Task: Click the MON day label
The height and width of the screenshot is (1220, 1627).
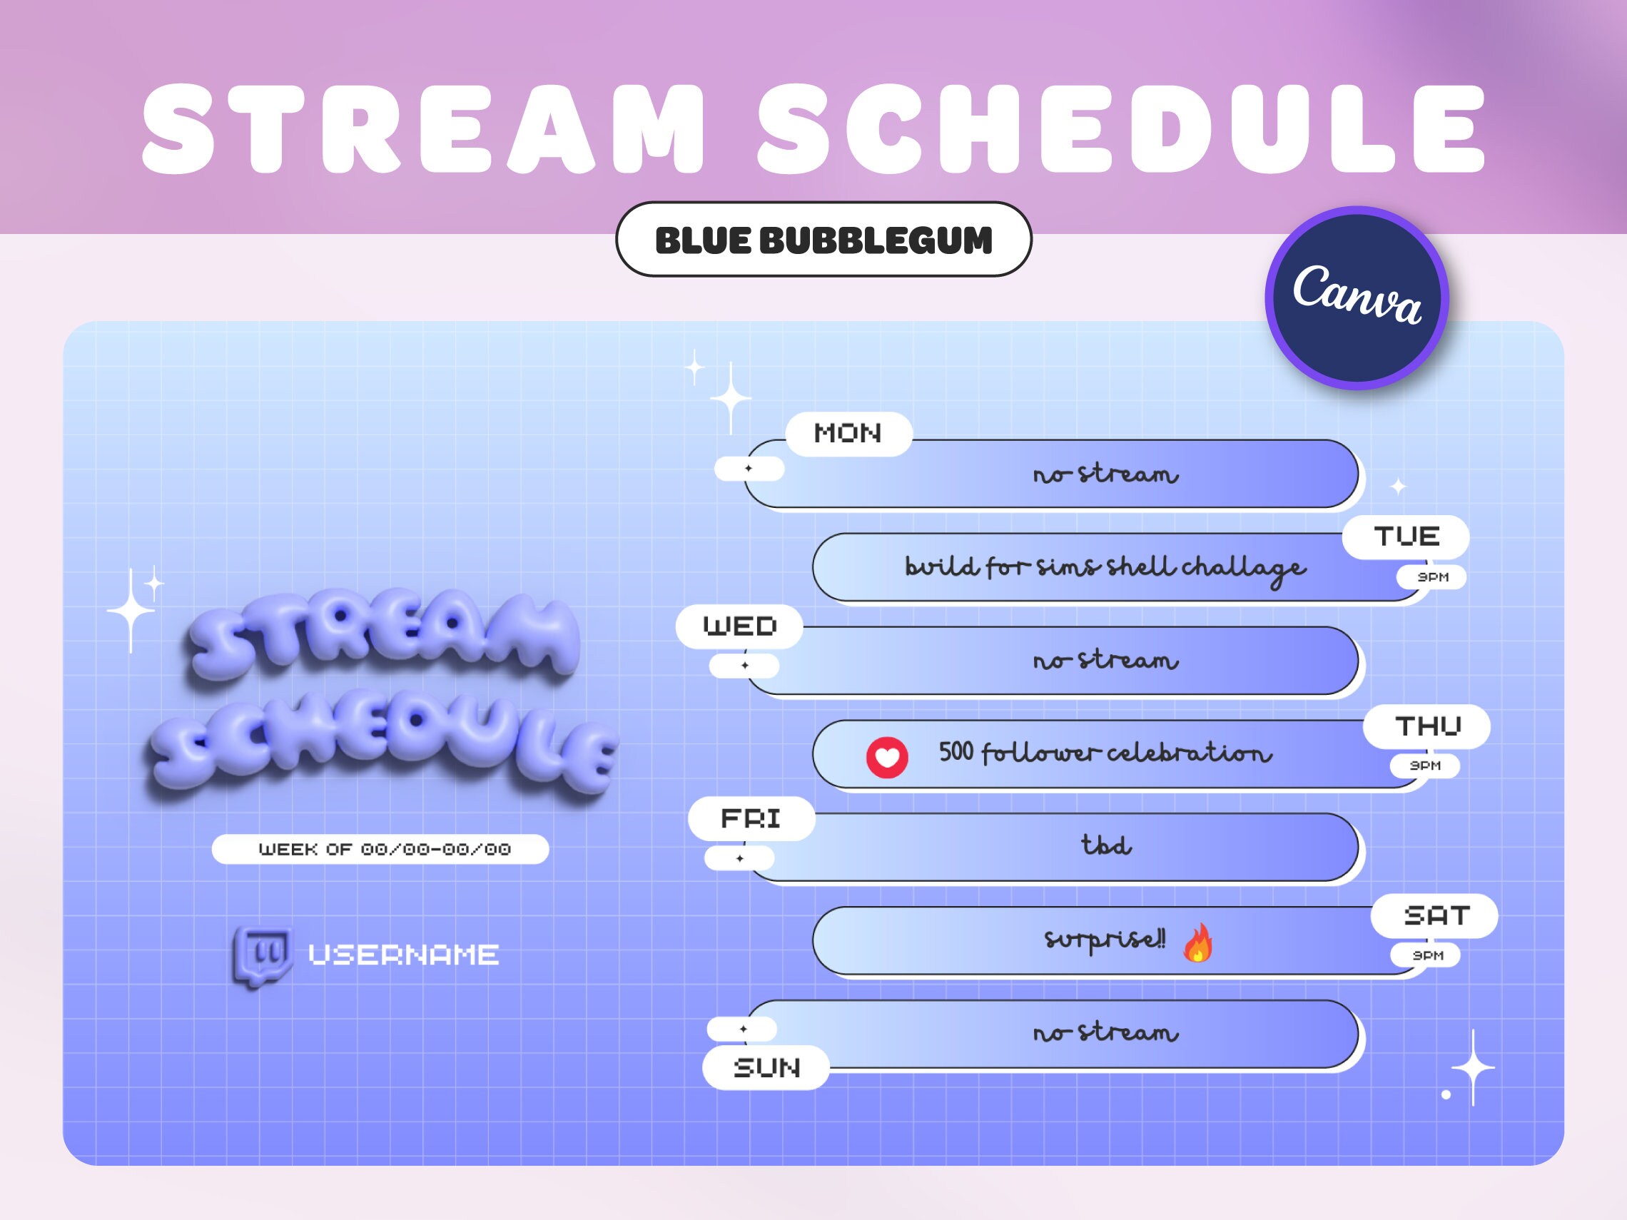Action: tap(848, 434)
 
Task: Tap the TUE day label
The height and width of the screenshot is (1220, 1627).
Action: tap(1406, 537)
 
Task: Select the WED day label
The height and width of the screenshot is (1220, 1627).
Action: tap(739, 626)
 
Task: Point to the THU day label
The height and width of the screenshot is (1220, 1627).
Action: tap(1427, 726)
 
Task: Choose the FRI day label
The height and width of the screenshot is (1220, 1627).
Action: tap(751, 818)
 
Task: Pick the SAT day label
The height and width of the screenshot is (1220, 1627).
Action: tap(1434, 915)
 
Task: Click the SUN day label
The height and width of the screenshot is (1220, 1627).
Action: tap(766, 1067)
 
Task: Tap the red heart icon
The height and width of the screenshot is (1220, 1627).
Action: tap(887, 757)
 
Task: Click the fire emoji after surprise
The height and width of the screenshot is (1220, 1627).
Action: tap(1197, 942)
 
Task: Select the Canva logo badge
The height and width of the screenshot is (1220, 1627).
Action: tap(1357, 298)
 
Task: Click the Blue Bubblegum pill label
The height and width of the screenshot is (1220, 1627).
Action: tap(823, 240)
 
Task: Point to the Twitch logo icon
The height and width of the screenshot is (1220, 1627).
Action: tap(262, 956)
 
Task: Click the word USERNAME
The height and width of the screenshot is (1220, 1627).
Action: tap(403, 955)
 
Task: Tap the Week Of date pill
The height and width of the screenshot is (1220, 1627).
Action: tap(380, 850)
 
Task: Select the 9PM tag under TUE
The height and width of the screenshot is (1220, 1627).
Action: tap(1431, 577)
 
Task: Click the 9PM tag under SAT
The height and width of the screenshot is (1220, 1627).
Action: tap(1426, 955)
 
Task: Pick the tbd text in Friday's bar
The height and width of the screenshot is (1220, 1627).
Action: tap(1106, 845)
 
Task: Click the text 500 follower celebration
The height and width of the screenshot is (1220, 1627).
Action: tap(1105, 752)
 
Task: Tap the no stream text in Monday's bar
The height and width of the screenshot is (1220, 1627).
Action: tap(1105, 474)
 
